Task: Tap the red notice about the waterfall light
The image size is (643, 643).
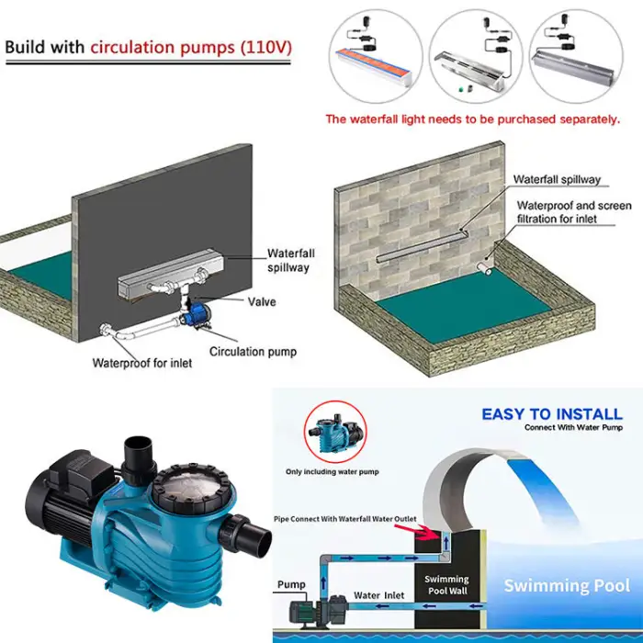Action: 472,118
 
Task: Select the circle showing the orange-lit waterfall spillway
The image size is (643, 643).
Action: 376,55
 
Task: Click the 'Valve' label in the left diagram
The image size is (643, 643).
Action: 262,301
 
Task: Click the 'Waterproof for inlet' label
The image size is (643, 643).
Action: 142,363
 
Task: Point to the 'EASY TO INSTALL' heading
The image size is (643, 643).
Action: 551,414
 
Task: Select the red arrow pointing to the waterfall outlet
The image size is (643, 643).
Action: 427,528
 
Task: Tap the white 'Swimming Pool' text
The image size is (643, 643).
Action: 567,586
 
